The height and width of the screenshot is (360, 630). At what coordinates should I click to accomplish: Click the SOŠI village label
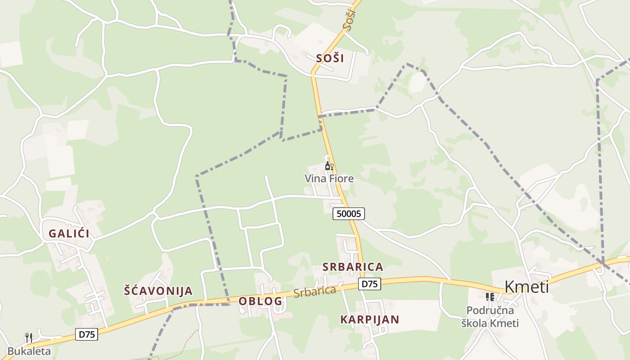point(330,58)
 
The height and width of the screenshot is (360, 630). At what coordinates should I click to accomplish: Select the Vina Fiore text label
point(329,179)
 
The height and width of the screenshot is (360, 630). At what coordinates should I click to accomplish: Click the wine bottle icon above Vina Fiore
point(328,166)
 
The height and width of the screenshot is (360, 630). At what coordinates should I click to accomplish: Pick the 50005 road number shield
point(349,214)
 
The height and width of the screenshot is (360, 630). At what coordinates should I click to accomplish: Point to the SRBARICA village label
point(353,267)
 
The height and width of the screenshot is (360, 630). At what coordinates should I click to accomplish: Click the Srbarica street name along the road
point(315,291)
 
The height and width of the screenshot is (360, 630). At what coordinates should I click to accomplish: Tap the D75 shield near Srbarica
point(369,283)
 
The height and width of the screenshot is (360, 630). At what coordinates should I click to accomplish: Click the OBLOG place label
point(260,301)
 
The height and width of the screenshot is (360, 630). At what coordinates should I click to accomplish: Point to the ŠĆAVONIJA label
point(158,291)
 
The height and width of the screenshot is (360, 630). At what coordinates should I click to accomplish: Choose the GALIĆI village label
point(69,234)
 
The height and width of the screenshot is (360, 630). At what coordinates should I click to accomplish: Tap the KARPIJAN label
point(369,319)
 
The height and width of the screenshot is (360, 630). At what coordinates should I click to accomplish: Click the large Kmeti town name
point(526,287)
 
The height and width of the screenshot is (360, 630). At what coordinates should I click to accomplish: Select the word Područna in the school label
point(490,310)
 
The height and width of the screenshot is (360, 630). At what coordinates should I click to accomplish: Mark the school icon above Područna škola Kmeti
point(490,297)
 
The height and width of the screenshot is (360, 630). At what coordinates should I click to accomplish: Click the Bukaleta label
point(29,351)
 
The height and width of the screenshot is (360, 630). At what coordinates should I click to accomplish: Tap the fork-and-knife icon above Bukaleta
point(29,337)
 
